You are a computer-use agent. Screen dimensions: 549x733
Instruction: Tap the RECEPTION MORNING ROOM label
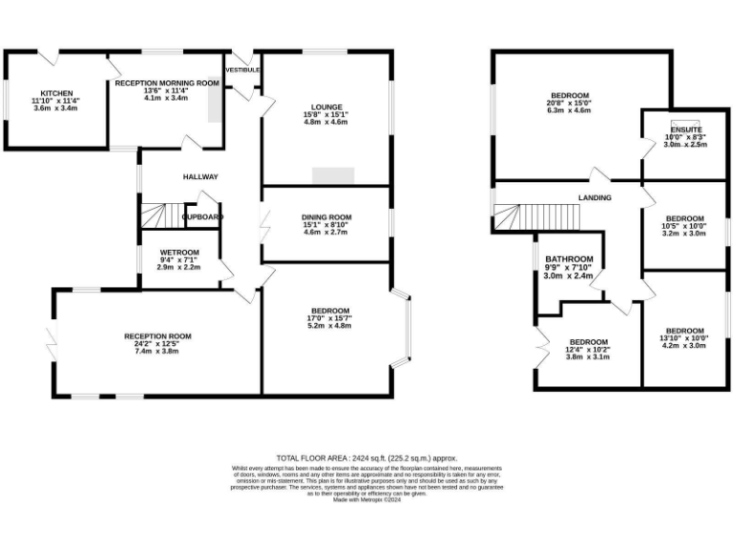[167, 83]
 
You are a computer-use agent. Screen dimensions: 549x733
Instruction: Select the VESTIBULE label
[242, 70]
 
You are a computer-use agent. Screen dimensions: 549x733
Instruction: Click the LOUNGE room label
[326, 107]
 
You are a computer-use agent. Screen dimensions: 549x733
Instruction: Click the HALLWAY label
[201, 176]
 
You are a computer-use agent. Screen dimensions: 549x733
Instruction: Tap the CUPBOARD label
[202, 217]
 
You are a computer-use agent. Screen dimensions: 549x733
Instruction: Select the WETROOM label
[178, 253]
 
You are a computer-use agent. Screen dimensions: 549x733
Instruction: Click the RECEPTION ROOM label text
[157, 335]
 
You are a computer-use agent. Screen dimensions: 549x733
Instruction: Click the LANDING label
[594, 197]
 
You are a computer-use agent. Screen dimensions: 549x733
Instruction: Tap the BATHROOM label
[570, 259]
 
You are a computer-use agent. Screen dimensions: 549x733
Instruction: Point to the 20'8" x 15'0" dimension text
[569, 103]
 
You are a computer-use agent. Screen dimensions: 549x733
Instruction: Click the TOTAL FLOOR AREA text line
[366, 457]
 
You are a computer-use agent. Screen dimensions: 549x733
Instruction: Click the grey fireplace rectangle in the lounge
[333, 175]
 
